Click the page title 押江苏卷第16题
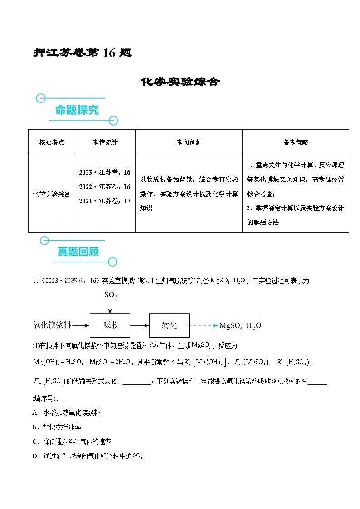(x=83, y=53)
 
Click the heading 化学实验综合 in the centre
(x=180, y=82)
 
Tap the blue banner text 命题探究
(x=77, y=110)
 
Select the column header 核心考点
(x=52, y=142)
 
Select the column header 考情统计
(x=105, y=142)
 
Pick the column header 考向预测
(x=189, y=142)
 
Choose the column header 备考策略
(x=296, y=142)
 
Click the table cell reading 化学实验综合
(x=52, y=194)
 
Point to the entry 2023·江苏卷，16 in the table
(x=105, y=172)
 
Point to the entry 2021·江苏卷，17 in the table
(x=105, y=200)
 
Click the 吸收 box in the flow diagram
(x=110, y=325)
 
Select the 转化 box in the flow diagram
(x=169, y=325)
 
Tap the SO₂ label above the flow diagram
(x=111, y=295)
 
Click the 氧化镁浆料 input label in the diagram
(x=52, y=325)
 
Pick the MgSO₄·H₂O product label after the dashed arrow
(x=240, y=325)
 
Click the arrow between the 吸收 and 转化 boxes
(x=139, y=325)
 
